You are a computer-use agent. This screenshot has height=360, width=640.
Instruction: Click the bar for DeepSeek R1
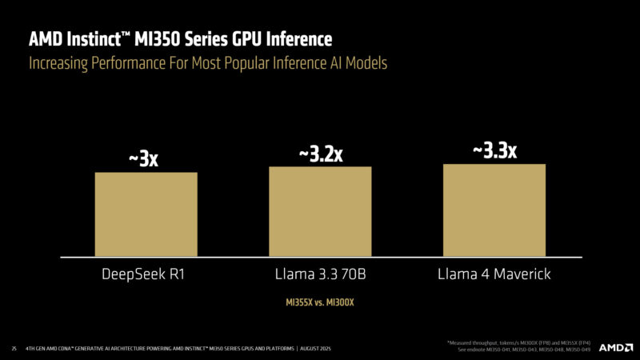coord(146,214)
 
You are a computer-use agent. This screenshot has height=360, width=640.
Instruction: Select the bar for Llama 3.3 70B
coord(320,212)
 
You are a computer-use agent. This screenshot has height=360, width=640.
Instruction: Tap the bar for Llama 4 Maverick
coord(494,210)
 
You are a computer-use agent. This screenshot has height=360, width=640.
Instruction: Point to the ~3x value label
coord(144,159)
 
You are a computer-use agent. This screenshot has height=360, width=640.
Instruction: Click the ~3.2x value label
coord(320,154)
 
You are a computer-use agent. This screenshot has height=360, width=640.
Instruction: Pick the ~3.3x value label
coord(494,150)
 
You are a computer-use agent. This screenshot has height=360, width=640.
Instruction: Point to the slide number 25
coord(14,349)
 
